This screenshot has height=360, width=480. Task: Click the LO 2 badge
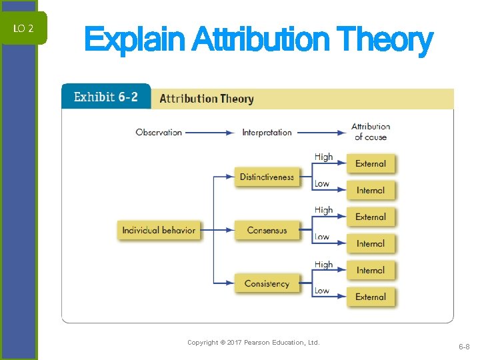click(23, 29)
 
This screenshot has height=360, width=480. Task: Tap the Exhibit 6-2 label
click(106, 97)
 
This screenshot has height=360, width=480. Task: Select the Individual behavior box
click(159, 230)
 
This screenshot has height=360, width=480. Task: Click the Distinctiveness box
click(267, 177)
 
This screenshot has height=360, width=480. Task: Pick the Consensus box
click(267, 230)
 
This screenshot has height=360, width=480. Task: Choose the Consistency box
click(267, 283)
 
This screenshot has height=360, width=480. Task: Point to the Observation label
click(159, 132)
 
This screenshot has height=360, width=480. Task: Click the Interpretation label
click(267, 132)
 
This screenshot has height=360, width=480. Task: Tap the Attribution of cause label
click(371, 131)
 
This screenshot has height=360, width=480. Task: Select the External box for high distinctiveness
click(371, 164)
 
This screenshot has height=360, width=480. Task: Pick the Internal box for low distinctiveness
click(371, 191)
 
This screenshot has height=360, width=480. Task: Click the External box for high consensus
click(371, 217)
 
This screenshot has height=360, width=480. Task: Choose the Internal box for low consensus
click(371, 244)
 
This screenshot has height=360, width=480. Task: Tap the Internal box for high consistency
click(371, 271)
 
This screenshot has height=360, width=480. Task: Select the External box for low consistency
click(371, 297)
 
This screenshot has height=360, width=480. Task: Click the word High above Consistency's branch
click(323, 264)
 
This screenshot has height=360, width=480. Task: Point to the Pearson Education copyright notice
click(253, 343)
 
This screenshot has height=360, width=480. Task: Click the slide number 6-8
click(463, 347)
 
